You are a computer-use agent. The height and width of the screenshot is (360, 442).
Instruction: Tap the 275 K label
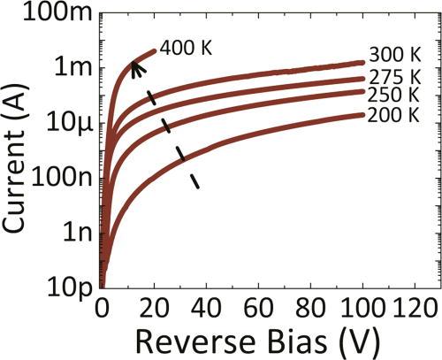393,77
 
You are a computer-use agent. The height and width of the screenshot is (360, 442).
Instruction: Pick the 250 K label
393,95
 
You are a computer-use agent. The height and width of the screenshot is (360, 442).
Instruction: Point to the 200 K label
393,116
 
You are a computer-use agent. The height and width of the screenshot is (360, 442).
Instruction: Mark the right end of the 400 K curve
155,50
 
